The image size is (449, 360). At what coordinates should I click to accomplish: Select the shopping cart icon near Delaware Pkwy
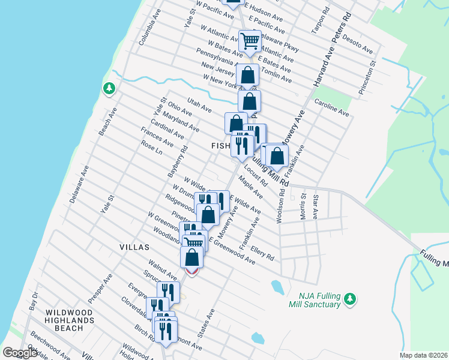249,41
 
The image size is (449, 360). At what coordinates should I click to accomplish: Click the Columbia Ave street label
150,28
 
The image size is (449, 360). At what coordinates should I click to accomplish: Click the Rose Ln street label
152,148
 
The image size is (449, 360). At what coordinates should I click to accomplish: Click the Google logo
20,353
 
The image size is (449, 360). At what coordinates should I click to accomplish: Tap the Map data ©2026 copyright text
423,355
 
